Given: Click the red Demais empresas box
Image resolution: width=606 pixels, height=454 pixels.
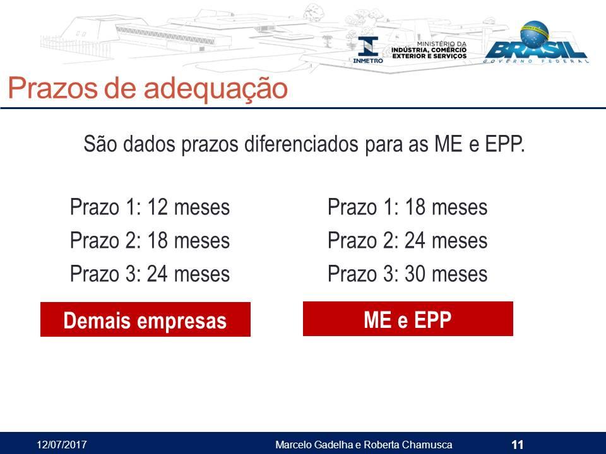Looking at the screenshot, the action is tap(145, 319).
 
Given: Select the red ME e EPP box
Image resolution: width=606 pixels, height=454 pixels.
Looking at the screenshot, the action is tap(408, 319).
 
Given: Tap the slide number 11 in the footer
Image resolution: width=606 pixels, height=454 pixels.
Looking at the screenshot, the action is tap(517, 445).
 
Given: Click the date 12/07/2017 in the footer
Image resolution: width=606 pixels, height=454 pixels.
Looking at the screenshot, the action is tap(61, 445).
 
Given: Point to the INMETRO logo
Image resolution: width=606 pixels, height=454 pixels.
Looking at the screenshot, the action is tap(368, 50).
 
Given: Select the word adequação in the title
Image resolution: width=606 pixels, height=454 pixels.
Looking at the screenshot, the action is tap(216, 89).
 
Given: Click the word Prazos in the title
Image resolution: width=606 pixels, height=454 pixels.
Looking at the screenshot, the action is tap(53, 88).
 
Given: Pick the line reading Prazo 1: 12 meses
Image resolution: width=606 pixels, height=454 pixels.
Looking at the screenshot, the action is tap(150, 207).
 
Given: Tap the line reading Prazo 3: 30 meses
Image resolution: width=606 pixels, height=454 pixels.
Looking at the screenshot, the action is tap(407, 274).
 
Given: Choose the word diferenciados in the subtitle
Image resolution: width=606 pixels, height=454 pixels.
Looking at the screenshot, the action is tap(301, 144).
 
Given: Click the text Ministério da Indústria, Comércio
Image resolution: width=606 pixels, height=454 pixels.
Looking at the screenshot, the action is tap(429, 47).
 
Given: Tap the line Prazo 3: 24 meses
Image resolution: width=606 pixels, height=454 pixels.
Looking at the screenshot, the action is tap(150, 274).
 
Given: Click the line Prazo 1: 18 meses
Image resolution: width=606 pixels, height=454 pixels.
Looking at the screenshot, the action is tap(407, 207).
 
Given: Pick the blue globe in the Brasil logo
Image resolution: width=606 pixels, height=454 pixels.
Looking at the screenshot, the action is tap(535, 34).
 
